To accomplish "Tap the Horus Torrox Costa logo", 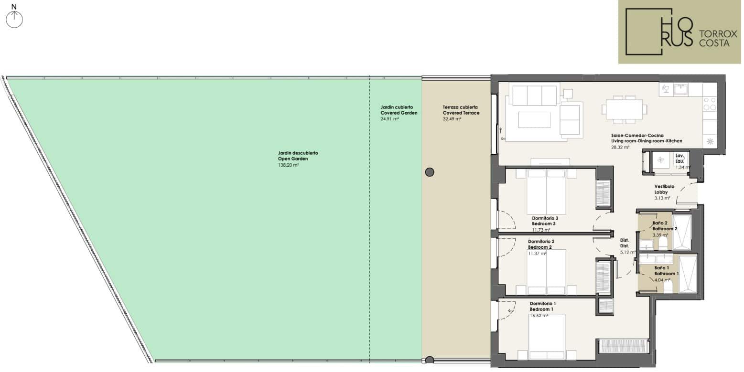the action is coord(679,32).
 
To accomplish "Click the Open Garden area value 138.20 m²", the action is coord(288,165).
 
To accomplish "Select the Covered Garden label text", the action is coord(399,110).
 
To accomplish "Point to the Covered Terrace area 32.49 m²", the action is coord(452,119).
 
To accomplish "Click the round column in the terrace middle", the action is coord(430,172).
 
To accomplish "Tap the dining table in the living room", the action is coord(624,109).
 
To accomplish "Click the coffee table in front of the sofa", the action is coord(534,119).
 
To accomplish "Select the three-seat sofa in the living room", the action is coord(534,95).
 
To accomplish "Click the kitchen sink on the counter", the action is coord(680,89).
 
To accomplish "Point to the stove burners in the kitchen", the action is coord(710,103).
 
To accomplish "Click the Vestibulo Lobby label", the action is coord(664,189).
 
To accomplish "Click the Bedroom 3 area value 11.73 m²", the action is coord(541,230).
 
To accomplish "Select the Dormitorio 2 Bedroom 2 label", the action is coord(541,244).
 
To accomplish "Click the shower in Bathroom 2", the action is coord(681,232).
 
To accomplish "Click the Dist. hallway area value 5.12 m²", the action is coord(628,252).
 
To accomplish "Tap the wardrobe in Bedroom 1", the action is coord(624,346).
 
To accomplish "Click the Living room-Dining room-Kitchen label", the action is coord(647,141).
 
